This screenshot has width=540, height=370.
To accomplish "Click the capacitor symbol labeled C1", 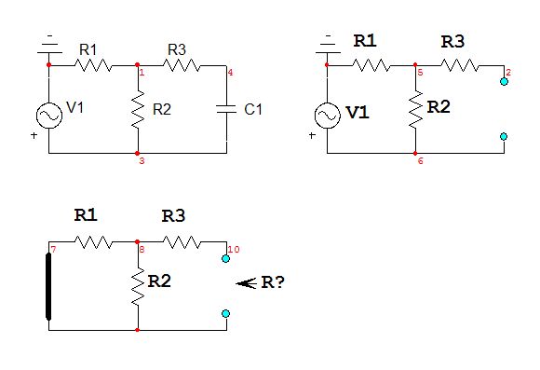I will tap(227, 108).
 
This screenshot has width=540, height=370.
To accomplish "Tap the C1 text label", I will tap(253, 109).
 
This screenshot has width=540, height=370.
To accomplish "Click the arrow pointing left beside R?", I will tap(246, 283).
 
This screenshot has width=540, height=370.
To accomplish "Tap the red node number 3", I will tap(141, 161).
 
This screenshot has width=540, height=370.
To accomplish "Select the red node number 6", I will tap(420, 161).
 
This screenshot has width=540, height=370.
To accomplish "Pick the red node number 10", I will tap(233, 249).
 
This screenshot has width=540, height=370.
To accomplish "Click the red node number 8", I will tap(142, 250).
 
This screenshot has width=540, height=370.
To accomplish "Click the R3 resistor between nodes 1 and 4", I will tap(183, 65).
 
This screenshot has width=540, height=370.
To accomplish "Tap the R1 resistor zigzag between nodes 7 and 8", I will tap(93, 242).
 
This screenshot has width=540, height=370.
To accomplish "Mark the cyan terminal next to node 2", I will tap(504, 82).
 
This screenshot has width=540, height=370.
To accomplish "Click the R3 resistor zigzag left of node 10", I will tap(182, 242).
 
